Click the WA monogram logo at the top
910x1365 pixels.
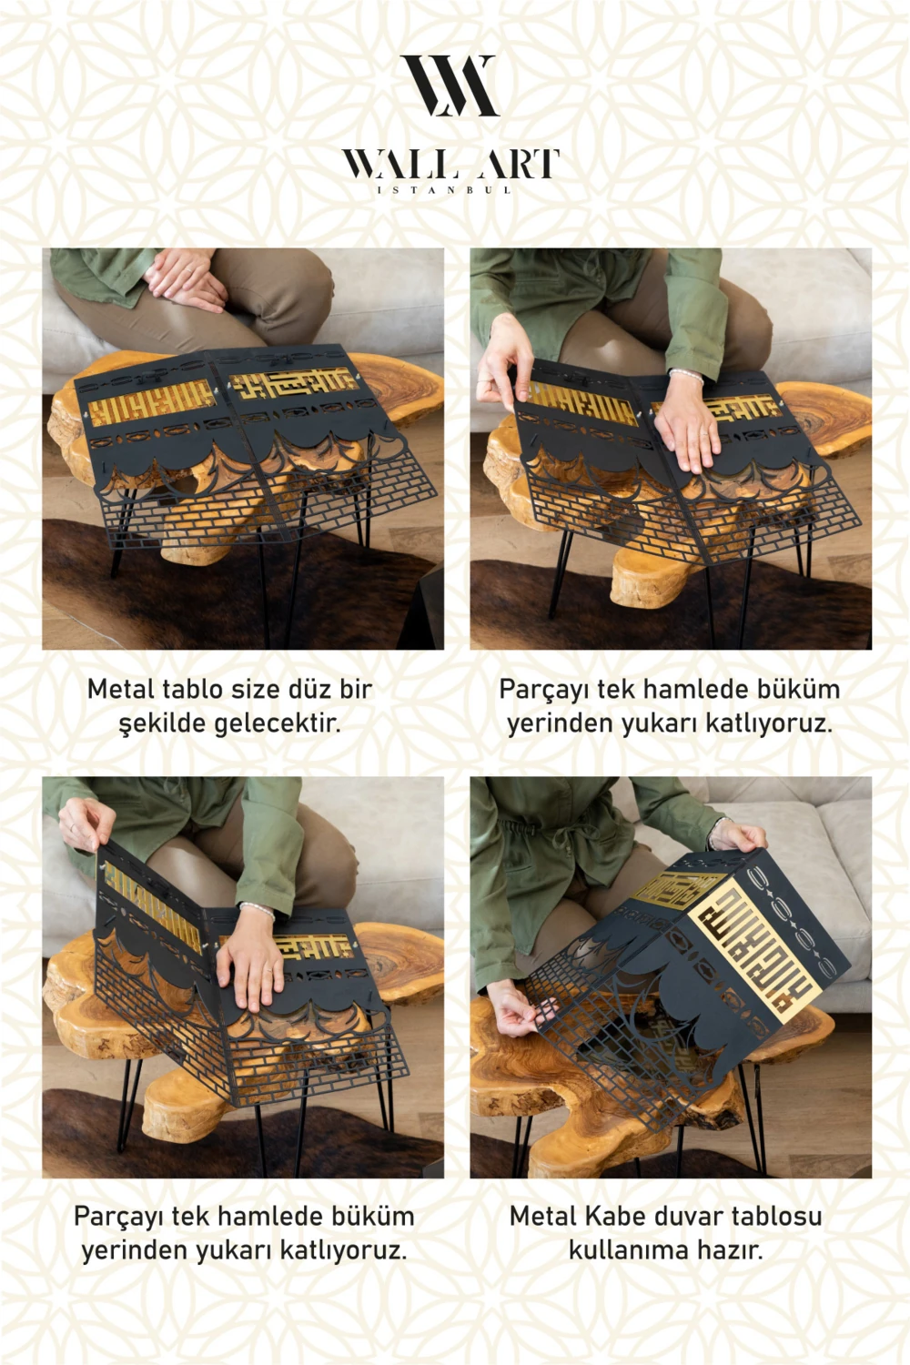coord(450,86)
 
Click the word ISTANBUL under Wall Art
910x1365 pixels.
coord(444,190)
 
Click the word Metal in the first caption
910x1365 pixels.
coord(121,689)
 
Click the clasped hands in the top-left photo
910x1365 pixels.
coord(185,278)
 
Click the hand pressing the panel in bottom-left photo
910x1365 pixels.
coord(251,964)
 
